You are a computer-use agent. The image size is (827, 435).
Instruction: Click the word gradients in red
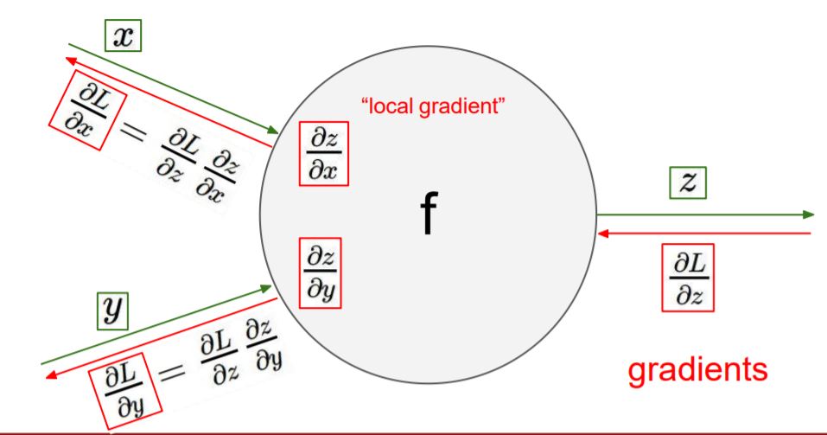(x=697, y=370)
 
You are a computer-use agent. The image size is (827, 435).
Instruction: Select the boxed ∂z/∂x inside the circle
(x=324, y=154)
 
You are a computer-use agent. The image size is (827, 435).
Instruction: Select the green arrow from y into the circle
(x=156, y=325)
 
